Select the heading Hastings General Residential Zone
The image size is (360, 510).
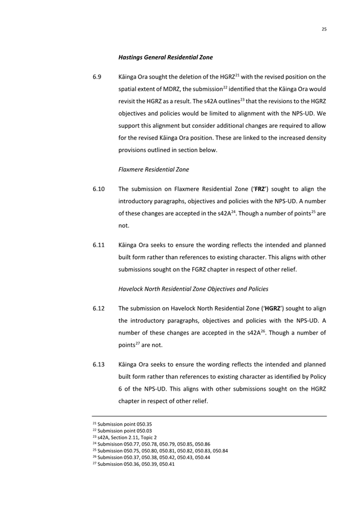tap(165, 57)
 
